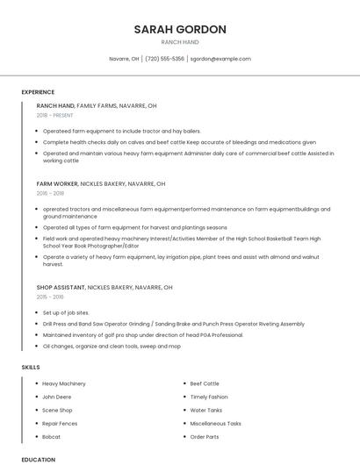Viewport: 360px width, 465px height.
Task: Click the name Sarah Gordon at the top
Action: (x=180, y=29)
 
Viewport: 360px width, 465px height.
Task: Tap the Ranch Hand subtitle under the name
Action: (x=180, y=42)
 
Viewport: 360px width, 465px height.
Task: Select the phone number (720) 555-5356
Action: (x=164, y=59)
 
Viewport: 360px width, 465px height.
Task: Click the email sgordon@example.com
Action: (x=220, y=59)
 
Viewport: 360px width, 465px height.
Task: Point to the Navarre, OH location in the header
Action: (x=124, y=59)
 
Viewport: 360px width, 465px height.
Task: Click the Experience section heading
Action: (x=38, y=92)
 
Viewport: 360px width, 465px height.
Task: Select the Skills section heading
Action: (x=31, y=366)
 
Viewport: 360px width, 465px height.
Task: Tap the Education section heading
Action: (x=38, y=459)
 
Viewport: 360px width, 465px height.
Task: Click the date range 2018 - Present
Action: (x=55, y=115)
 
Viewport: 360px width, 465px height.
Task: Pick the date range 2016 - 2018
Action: (x=50, y=193)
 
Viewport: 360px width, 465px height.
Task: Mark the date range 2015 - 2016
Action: (x=50, y=297)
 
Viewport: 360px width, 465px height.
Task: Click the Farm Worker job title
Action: (x=57, y=184)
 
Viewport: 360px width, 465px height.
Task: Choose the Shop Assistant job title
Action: (x=61, y=287)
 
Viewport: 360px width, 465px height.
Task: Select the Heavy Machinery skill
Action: (x=64, y=383)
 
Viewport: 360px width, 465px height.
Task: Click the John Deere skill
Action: (x=57, y=397)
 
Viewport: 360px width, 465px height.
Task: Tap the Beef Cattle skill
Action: (x=205, y=383)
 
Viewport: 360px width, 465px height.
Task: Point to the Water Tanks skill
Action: (x=206, y=410)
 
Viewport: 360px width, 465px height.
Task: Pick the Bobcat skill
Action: (x=52, y=436)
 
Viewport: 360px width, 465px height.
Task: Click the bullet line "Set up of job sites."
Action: (x=66, y=312)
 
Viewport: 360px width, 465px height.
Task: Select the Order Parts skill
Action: (x=205, y=436)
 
